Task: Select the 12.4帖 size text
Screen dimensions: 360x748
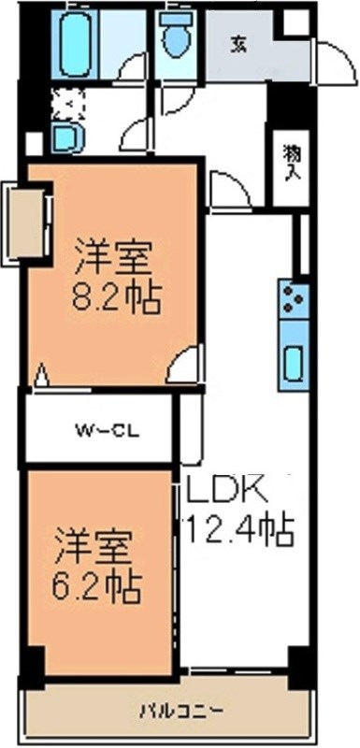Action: tap(238, 530)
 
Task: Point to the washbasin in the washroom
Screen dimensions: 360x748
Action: tap(66, 137)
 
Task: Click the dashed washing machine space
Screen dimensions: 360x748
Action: tap(67, 104)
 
